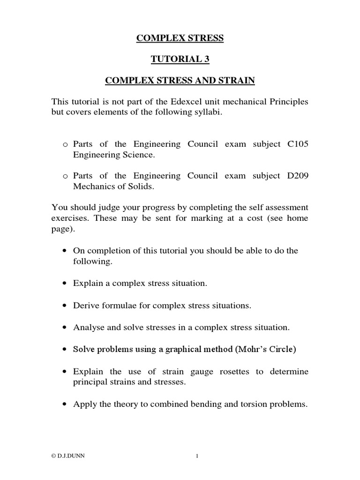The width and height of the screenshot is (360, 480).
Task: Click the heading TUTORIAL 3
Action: point(180,60)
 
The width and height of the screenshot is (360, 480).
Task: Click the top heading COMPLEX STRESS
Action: point(180,38)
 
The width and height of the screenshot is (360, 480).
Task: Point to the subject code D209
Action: point(296,176)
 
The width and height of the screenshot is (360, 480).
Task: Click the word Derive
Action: point(86,306)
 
